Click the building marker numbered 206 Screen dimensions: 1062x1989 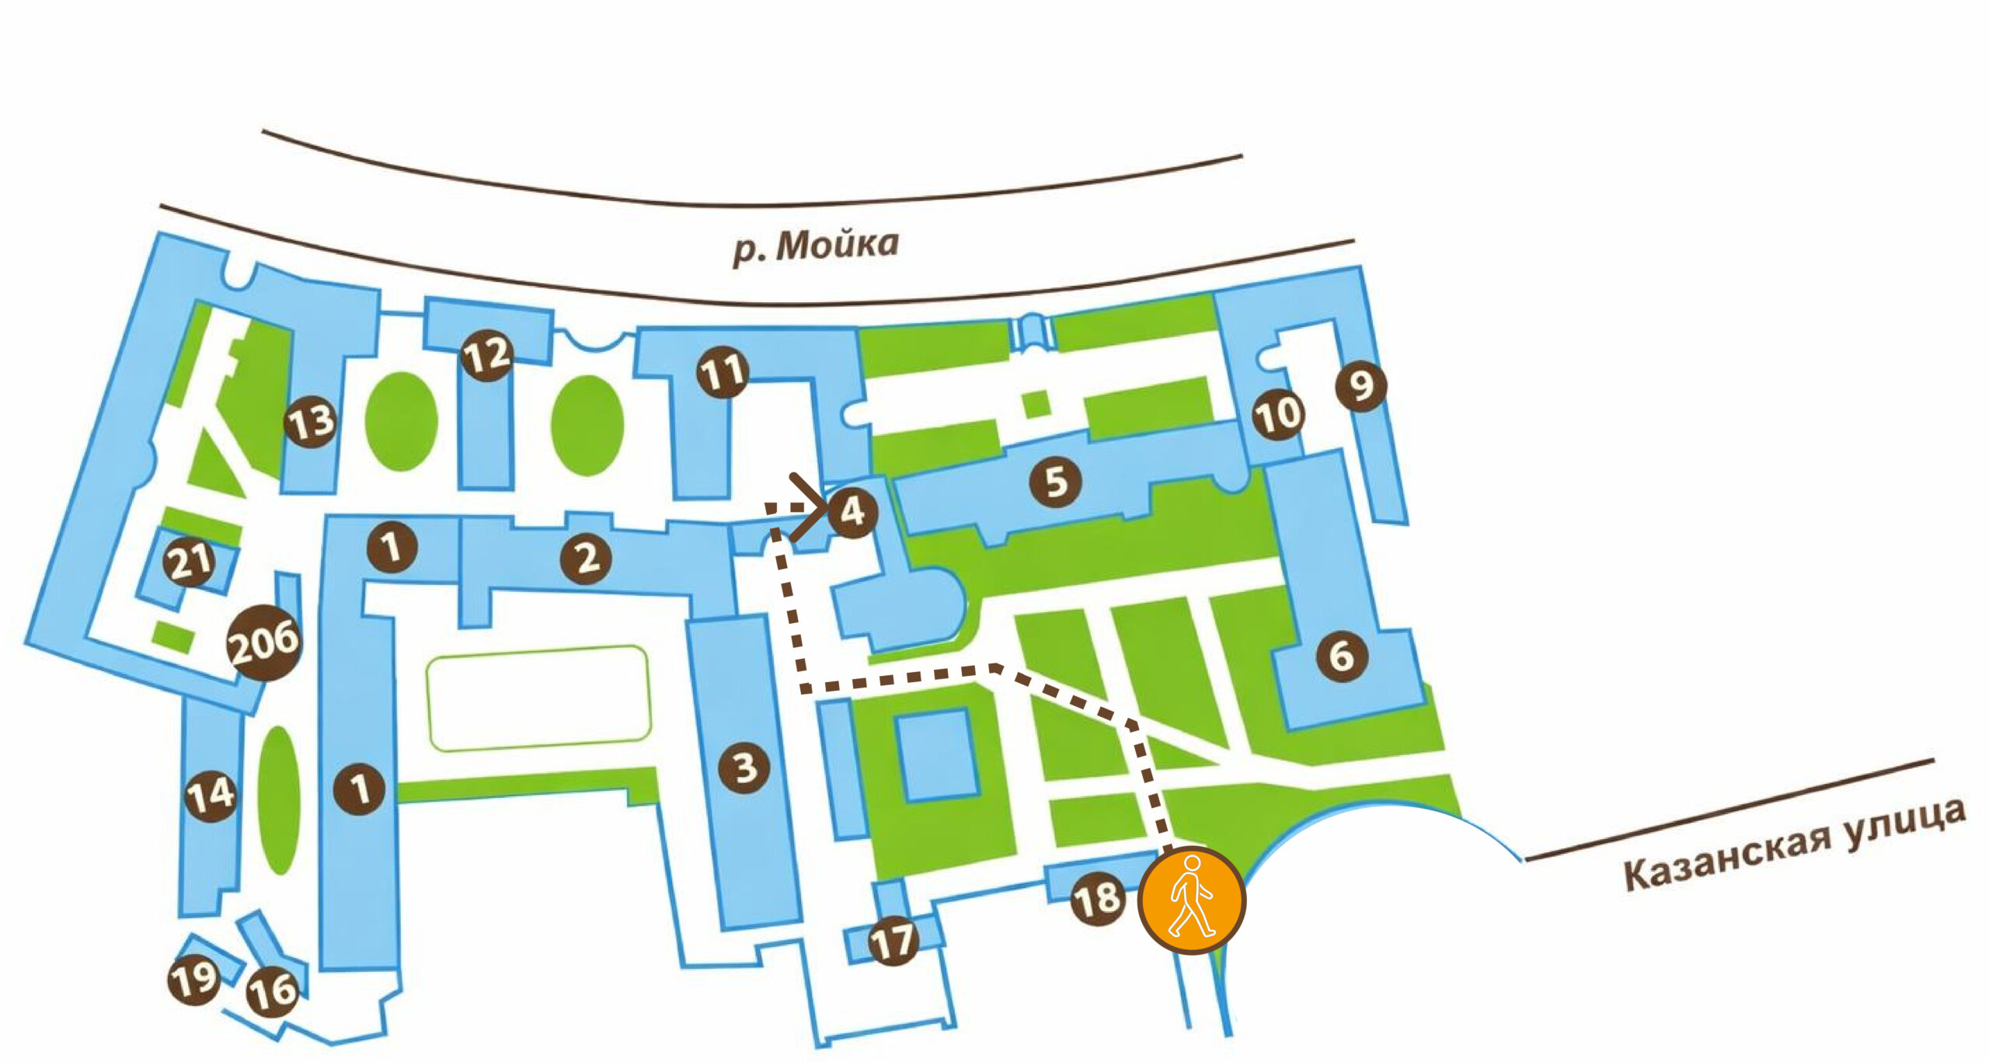point(264,642)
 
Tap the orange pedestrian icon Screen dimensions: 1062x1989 point(1192,899)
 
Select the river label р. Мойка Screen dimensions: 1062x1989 point(816,247)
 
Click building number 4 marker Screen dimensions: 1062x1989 point(852,512)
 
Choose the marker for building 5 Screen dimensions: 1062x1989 point(1055,482)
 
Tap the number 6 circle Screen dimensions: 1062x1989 point(1341,656)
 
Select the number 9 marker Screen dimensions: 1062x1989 point(1361,385)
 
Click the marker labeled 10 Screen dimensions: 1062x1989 point(1278,414)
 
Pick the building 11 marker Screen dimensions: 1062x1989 point(723,372)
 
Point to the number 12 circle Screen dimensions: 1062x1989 point(486,356)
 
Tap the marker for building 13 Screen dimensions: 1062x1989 point(311,423)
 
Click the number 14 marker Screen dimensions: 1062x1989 point(211,794)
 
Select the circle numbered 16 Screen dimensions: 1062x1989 point(272,991)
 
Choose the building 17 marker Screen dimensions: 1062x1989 point(893,941)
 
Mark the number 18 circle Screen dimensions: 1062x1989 point(1097,900)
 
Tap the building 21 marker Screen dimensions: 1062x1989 point(190,561)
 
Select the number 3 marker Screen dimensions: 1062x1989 point(744,768)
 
